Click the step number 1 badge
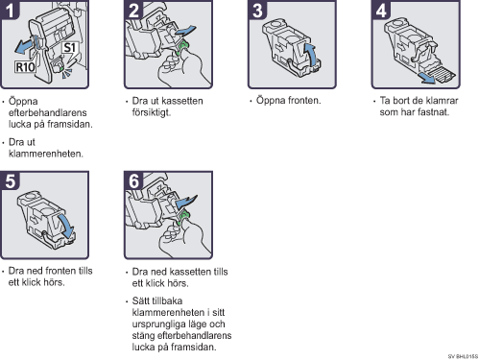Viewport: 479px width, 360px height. point(10,10)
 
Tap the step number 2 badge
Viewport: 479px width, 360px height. point(133,10)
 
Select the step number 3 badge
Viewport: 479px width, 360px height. point(257,10)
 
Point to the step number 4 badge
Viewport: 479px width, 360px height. point(381,10)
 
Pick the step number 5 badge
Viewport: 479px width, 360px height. point(10,180)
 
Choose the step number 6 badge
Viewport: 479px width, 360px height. point(133,180)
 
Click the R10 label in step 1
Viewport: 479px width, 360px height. point(25,67)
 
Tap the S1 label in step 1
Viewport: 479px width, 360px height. point(70,48)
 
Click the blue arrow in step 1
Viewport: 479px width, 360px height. point(24,47)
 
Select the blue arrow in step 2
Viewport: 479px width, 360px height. point(185,31)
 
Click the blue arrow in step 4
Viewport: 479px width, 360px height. point(428,78)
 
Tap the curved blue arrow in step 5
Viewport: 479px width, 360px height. point(68,226)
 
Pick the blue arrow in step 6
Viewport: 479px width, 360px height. point(187,202)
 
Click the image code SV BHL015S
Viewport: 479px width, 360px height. point(463,356)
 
